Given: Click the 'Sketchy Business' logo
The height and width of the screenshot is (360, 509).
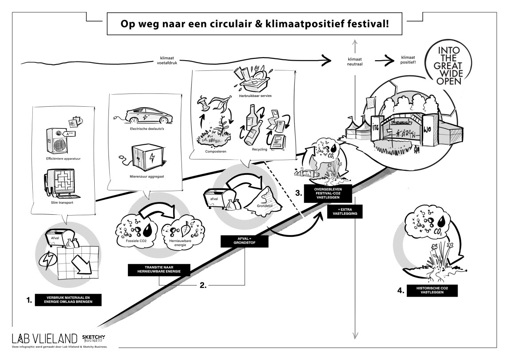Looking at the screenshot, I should tap(94, 338).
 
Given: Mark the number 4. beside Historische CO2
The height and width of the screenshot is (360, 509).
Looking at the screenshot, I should tap(401, 291).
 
